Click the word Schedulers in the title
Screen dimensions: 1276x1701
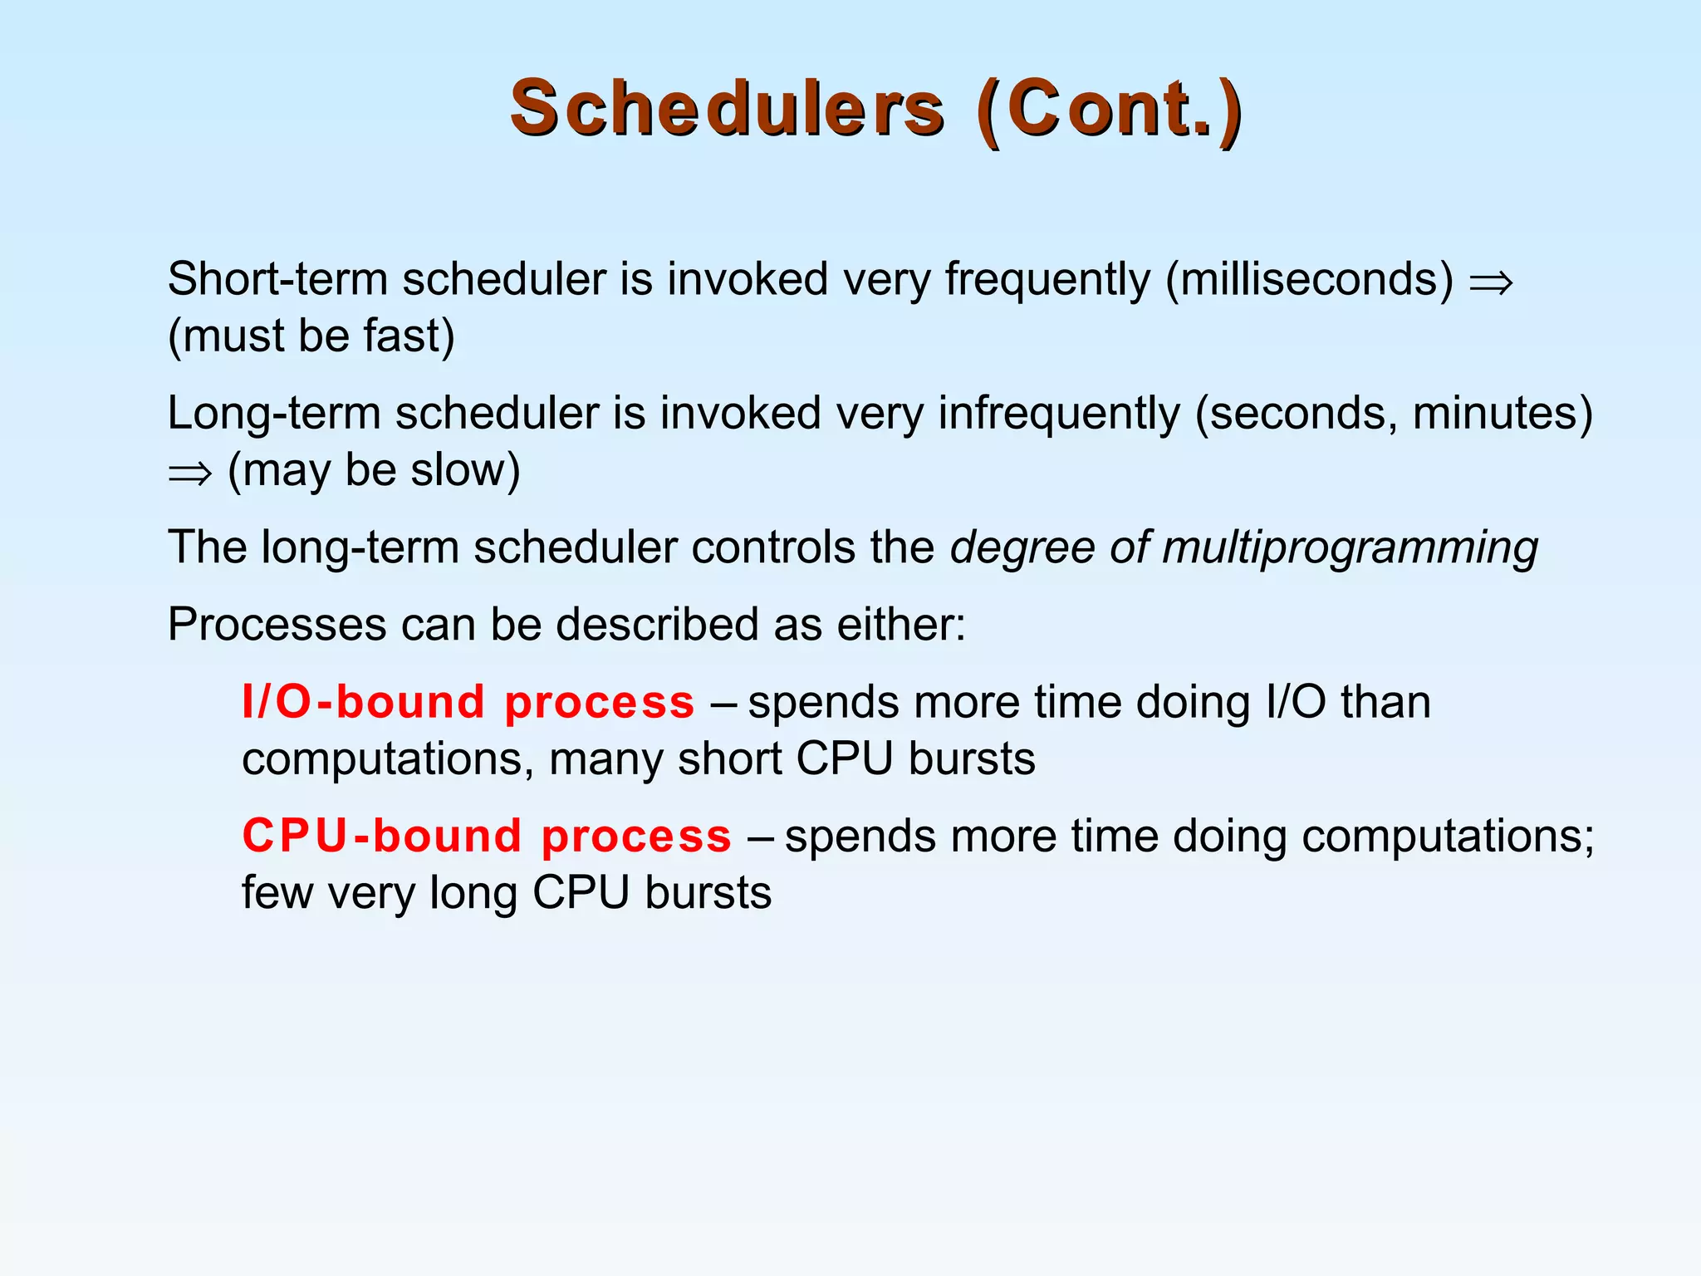[x=727, y=109]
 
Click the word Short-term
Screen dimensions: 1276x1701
[x=277, y=279]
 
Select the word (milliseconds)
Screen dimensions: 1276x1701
[x=1310, y=279]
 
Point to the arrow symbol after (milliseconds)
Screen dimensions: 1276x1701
[x=1492, y=282]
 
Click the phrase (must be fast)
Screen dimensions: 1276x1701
[x=311, y=336]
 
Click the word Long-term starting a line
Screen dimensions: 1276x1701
[x=273, y=414]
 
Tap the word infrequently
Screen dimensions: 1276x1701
[x=1059, y=414]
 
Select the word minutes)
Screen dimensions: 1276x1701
[x=1502, y=414]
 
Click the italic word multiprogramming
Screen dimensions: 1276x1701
[x=1350, y=548]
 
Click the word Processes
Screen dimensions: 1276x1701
[x=277, y=625]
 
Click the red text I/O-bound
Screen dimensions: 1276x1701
[x=363, y=703]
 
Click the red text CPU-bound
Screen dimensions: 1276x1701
[x=381, y=837]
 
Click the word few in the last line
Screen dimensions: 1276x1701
[x=277, y=894]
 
